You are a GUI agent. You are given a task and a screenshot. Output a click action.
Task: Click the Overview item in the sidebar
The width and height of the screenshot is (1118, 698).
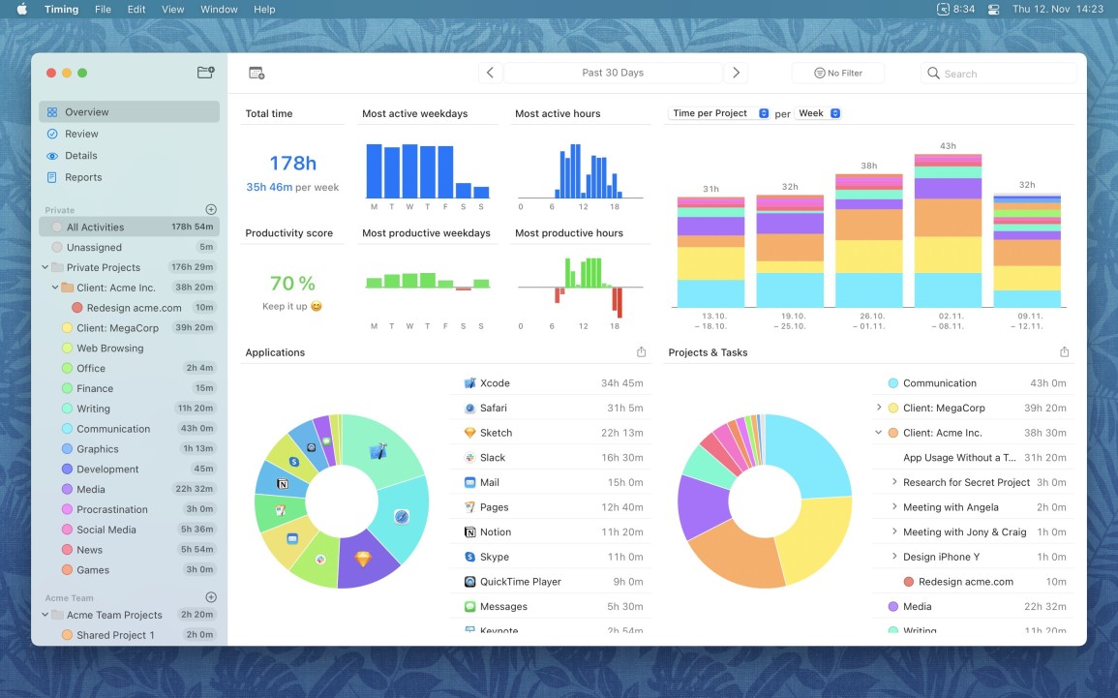pyautogui.click(x=87, y=112)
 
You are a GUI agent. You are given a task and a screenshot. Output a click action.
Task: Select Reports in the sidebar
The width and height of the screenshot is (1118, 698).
pyautogui.click(x=83, y=177)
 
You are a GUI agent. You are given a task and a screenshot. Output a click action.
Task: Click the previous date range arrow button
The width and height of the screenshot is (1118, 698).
pyautogui.click(x=490, y=73)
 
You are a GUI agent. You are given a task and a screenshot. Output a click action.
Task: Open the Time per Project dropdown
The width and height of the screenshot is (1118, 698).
pyautogui.click(x=719, y=113)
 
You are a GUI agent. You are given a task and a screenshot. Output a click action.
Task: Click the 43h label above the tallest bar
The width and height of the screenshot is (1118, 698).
pyautogui.click(x=948, y=146)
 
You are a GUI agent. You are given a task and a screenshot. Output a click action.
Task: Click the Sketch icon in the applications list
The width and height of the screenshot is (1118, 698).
pyautogui.click(x=470, y=433)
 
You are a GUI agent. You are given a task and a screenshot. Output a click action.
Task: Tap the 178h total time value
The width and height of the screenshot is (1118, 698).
pyautogui.click(x=292, y=163)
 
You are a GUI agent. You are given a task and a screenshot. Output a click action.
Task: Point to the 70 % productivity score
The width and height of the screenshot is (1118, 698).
pyautogui.click(x=292, y=283)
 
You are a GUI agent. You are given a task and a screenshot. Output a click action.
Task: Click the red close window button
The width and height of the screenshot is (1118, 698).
pyautogui.click(x=50, y=73)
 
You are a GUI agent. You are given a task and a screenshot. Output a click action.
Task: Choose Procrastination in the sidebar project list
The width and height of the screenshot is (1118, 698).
pyautogui.click(x=112, y=509)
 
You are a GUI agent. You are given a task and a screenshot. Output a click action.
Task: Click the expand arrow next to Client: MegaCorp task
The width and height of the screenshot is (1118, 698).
pyautogui.click(x=879, y=409)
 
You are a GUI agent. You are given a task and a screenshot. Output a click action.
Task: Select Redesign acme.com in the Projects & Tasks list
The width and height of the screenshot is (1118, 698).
pyautogui.click(x=965, y=582)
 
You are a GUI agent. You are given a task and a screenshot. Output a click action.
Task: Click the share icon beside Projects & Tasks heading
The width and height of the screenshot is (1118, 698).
pyautogui.click(x=1064, y=352)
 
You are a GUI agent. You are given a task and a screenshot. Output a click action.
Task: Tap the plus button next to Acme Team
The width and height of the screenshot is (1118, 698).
pyautogui.click(x=211, y=597)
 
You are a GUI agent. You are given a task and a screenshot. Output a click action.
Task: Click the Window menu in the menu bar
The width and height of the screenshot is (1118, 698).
pyautogui.click(x=219, y=9)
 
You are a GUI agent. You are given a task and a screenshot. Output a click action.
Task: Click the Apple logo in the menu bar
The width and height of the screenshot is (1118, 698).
pyautogui.click(x=21, y=9)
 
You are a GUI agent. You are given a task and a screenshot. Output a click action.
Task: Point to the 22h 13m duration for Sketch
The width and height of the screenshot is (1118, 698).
pyautogui.click(x=621, y=433)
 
